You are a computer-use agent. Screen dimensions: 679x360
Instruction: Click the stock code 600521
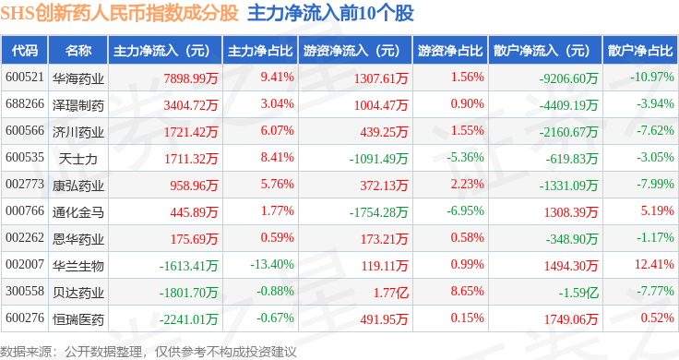(25, 78)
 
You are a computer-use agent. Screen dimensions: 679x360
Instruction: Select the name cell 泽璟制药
(77, 105)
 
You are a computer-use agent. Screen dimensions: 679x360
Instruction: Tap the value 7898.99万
(191, 78)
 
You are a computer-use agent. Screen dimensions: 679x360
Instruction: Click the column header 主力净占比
(260, 51)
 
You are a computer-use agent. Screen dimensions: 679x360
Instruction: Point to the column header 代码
(25, 51)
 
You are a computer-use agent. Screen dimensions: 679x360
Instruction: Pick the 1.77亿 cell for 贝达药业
(391, 293)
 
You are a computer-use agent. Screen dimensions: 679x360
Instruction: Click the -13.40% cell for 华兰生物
(272, 264)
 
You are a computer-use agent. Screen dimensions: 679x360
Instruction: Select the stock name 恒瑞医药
(77, 319)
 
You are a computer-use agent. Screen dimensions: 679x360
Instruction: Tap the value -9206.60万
(568, 78)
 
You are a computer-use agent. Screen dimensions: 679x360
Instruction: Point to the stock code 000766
(25, 211)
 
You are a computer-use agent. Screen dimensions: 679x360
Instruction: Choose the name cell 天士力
(77, 159)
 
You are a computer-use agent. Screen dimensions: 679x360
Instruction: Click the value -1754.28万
(378, 212)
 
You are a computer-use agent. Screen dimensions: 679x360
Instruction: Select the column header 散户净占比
(640, 51)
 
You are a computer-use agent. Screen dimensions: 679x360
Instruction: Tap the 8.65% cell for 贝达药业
(467, 291)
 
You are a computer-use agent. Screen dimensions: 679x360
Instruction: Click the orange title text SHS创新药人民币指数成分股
(120, 14)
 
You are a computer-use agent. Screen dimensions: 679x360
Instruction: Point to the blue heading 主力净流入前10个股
(330, 14)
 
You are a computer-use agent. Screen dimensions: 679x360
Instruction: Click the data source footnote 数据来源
(26, 352)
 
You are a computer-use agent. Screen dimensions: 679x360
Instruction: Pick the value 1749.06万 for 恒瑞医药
(571, 319)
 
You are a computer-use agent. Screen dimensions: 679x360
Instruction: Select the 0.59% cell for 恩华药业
(277, 237)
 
